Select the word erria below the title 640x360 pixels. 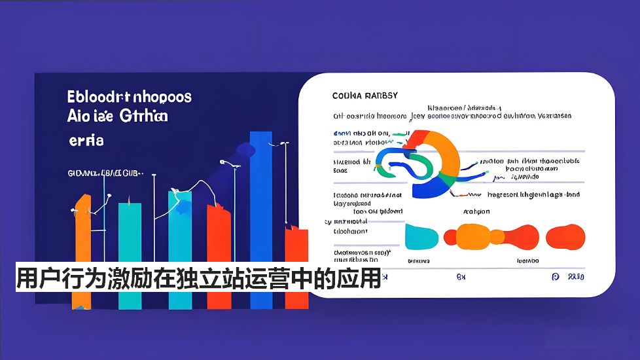(86, 140)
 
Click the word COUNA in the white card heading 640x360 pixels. (347, 96)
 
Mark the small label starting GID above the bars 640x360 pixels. (105, 174)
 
